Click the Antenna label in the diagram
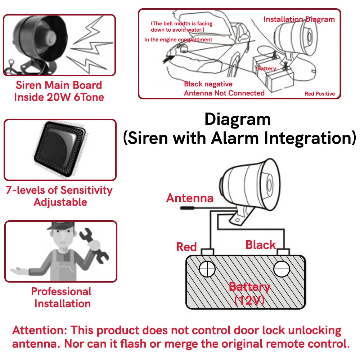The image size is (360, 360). pyautogui.click(x=190, y=198)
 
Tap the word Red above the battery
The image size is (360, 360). pyautogui.click(x=186, y=247)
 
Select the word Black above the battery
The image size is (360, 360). pyautogui.click(x=260, y=245)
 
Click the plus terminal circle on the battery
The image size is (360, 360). pyautogui.click(x=207, y=269)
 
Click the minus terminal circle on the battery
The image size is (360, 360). pyautogui.click(x=282, y=269)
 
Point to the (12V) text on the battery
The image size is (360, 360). pyautogui.click(x=249, y=300)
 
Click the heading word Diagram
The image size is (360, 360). pyautogui.click(x=237, y=119)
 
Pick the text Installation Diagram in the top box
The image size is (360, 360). pyautogui.click(x=299, y=19)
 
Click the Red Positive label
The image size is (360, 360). pyautogui.click(x=319, y=94)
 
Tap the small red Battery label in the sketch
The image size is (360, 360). pyautogui.click(x=267, y=68)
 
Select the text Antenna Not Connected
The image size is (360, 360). pyautogui.click(x=224, y=93)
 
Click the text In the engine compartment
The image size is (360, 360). pyautogui.click(x=178, y=40)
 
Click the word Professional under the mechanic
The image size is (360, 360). pyautogui.click(x=61, y=291)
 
